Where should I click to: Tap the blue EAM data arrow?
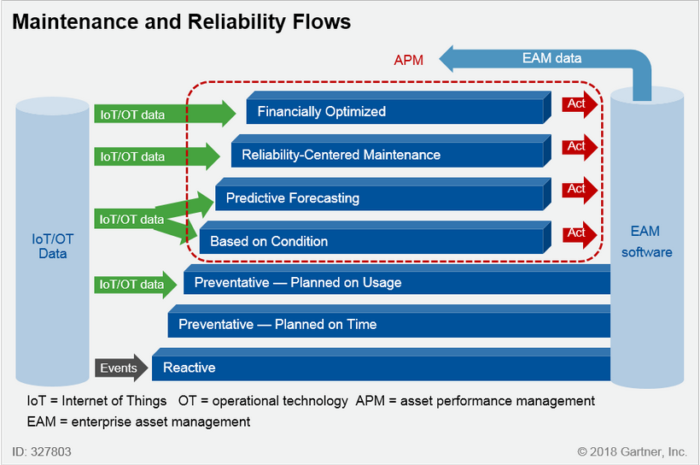tap(546, 59)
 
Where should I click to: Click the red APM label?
tap(408, 60)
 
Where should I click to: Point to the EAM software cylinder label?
tap(646, 242)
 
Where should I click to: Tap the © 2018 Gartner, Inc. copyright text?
tap(632, 450)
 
